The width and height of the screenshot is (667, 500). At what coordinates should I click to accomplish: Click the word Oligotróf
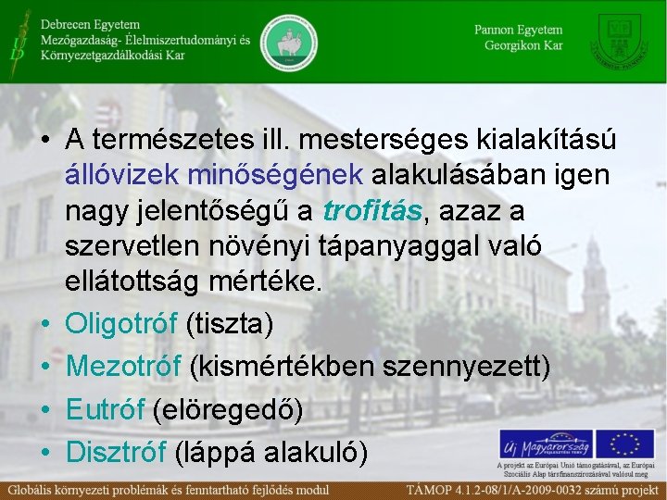(121, 325)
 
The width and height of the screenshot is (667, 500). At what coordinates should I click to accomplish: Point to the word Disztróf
(116, 452)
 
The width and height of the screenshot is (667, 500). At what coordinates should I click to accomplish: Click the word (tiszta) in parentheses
(230, 325)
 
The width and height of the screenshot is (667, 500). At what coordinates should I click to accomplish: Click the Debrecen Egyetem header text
(90, 24)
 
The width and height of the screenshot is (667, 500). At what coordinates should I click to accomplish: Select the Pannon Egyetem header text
(518, 30)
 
